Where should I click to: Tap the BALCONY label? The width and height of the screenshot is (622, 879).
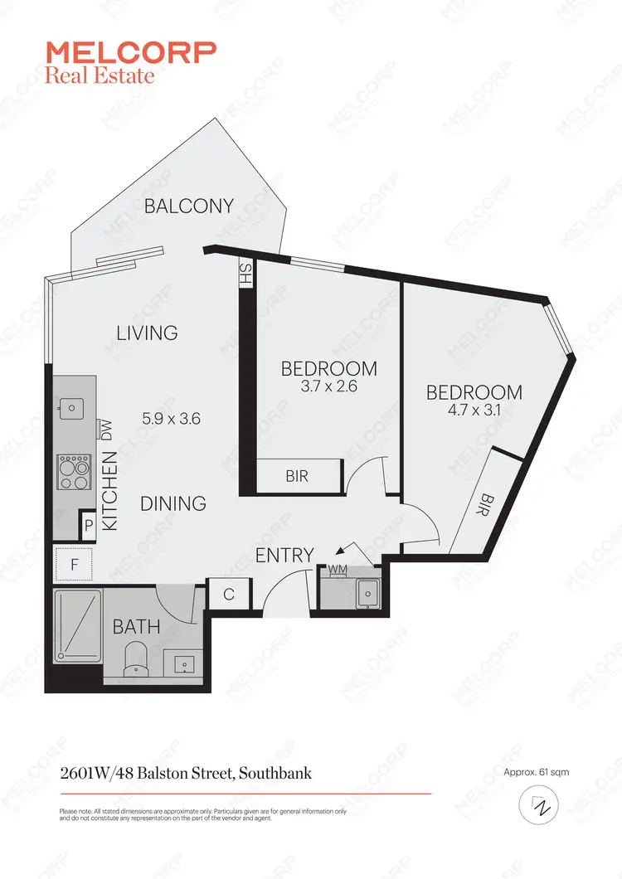[188, 206]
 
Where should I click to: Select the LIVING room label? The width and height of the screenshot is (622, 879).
[147, 333]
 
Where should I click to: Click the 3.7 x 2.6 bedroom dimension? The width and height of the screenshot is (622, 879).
[329, 386]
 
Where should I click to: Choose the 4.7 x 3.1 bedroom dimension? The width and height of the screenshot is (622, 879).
[474, 410]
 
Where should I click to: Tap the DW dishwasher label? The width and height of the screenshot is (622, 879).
[105, 429]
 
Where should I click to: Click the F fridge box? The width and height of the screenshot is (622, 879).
[75, 565]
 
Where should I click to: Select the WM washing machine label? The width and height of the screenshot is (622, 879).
[338, 569]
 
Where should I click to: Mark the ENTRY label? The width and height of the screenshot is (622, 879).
[284, 555]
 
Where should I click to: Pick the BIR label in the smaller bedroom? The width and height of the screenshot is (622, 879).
[298, 477]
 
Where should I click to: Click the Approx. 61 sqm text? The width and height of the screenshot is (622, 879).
[536, 772]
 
